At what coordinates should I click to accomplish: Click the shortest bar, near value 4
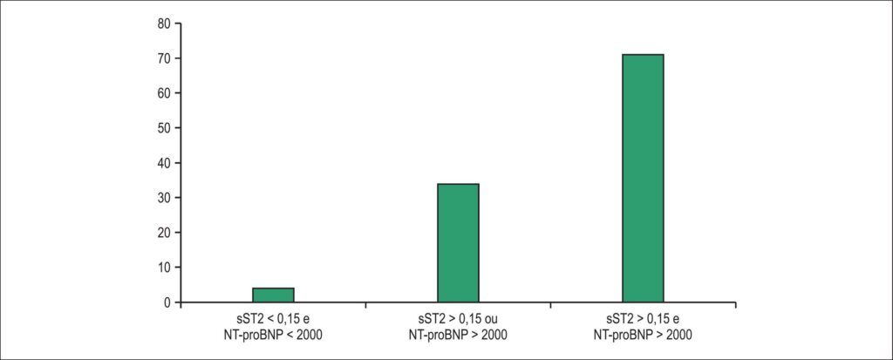click(273, 295)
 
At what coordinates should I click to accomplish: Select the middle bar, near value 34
click(458, 243)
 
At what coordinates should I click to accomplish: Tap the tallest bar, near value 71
click(643, 179)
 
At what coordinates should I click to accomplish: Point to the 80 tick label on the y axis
click(165, 24)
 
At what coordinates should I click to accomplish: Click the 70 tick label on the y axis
click(165, 58)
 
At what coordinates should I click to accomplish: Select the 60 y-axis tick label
click(165, 93)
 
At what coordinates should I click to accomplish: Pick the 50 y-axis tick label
click(165, 128)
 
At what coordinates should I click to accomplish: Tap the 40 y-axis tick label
click(165, 164)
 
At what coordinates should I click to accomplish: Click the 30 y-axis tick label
click(165, 198)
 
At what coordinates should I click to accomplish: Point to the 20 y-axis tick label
click(165, 233)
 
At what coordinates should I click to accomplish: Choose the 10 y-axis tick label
click(165, 268)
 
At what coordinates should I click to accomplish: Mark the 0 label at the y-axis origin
click(168, 302)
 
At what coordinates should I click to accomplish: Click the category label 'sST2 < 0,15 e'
click(273, 322)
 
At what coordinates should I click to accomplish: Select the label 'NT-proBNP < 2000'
click(273, 336)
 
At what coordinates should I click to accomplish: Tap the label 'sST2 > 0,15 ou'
click(458, 322)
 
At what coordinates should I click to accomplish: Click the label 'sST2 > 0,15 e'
click(643, 322)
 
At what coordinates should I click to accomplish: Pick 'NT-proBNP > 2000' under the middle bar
click(458, 336)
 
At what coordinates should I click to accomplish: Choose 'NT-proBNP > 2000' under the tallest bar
click(643, 336)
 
